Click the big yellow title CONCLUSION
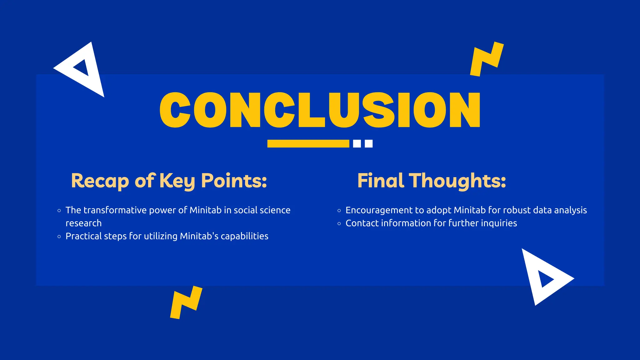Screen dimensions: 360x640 [x=320, y=110]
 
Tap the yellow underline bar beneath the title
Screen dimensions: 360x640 [x=308, y=144]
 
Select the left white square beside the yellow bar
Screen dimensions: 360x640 [x=357, y=144]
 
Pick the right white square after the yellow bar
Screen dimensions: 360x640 [x=369, y=144]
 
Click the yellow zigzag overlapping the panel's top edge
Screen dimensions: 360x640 [x=487, y=59]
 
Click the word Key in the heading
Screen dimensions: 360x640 [x=177, y=181]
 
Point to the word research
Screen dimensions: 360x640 [x=83, y=223]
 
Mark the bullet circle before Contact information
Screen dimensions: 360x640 [x=339, y=224]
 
